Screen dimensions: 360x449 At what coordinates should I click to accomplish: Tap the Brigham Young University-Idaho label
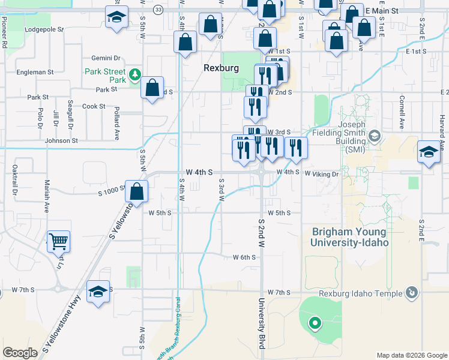coord(349,237)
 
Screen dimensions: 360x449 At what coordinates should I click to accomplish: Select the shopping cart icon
coord(58,241)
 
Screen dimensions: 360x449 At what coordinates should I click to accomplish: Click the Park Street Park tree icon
coord(136,74)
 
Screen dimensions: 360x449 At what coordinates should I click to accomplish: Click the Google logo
coord(20,352)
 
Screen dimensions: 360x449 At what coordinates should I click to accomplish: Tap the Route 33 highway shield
coord(158,10)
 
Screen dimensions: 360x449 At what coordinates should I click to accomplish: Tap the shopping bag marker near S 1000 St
coord(137,191)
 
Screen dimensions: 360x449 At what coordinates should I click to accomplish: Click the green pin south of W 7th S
coord(314,325)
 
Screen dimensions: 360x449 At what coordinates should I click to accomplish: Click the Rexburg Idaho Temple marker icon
coord(411,293)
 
